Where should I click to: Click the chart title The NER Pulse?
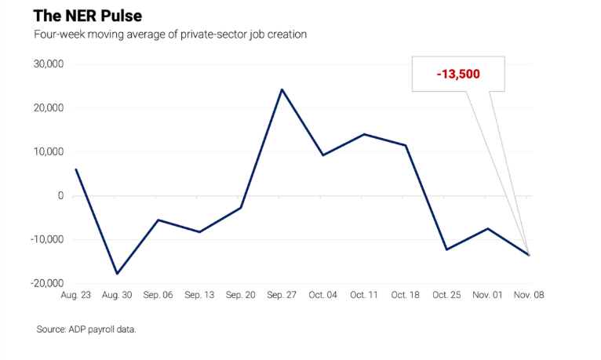click(88, 16)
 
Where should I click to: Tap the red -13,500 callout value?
click(458, 74)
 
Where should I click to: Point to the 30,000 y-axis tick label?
click(48, 64)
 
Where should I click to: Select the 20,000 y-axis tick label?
click(48, 107)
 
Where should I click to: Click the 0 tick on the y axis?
click(60, 195)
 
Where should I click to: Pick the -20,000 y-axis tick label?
click(46, 283)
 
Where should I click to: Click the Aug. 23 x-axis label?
click(76, 296)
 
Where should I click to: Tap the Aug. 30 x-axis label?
click(118, 296)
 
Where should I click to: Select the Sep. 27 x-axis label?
click(282, 296)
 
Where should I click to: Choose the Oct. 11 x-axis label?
click(364, 296)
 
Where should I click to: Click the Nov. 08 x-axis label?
click(528, 296)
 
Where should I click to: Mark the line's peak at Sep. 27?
click(282, 89)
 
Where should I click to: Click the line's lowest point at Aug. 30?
click(118, 273)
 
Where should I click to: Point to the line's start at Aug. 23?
click(76, 169)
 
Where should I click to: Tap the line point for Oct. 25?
click(446, 249)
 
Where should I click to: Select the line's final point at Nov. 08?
click(529, 255)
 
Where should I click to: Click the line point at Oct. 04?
click(322, 155)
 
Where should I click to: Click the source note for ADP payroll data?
click(86, 329)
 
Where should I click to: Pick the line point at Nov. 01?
click(487, 228)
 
